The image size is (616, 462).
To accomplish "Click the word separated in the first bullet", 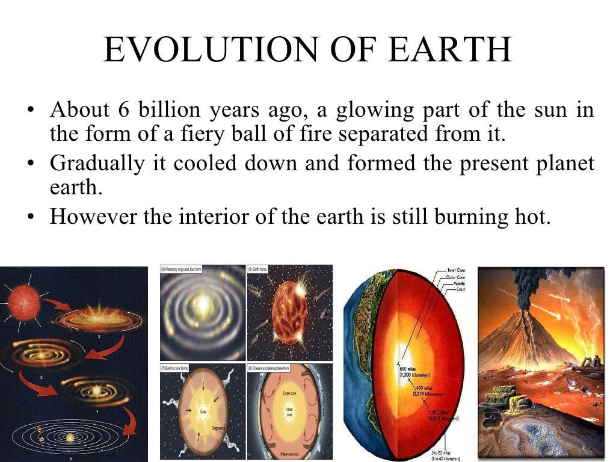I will pos(389,133).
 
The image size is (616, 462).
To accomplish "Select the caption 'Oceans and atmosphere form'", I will pos(274,367).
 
